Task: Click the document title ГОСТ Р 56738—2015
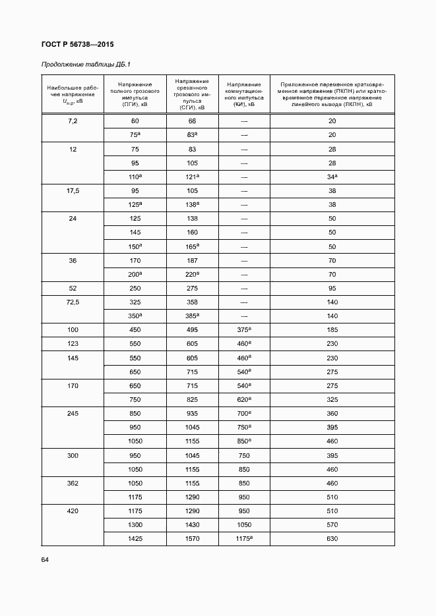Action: click(x=77, y=45)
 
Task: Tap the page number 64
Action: click(x=46, y=559)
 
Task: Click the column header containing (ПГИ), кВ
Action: click(x=135, y=94)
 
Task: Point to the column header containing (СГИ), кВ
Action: click(x=192, y=94)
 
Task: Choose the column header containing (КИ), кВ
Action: click(x=244, y=94)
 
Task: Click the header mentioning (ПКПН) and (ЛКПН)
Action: click(x=332, y=94)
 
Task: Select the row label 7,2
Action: click(x=73, y=121)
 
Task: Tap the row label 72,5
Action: click(x=73, y=302)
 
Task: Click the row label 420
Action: click(x=73, y=511)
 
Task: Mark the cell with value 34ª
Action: click(x=332, y=177)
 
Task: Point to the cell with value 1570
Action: click(x=192, y=539)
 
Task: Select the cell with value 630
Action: click(x=332, y=539)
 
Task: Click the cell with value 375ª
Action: click(x=244, y=330)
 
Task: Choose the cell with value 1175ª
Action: click(x=244, y=539)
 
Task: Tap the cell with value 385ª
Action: click(x=192, y=316)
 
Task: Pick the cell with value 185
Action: click(x=332, y=330)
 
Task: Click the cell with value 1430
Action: click(x=192, y=525)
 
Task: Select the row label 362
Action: click(x=73, y=483)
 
